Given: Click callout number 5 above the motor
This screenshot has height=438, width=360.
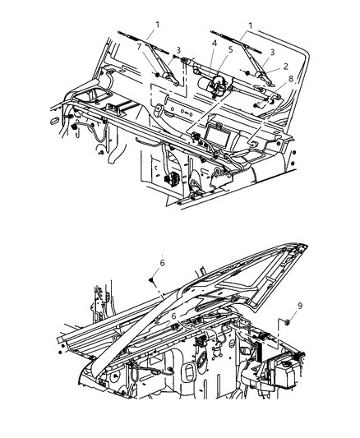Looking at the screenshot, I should [230, 48].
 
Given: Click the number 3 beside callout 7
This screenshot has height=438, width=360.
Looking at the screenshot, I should [178, 52].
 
